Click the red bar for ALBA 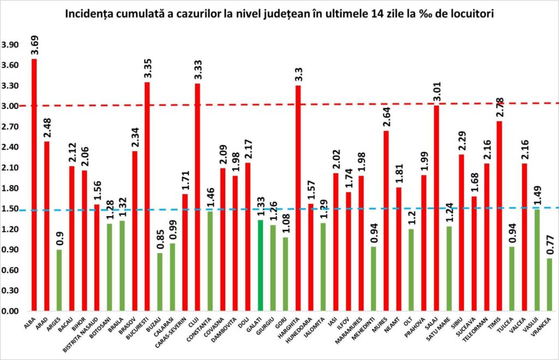tap(34, 185)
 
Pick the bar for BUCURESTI tap(147, 196)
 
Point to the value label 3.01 tap(436, 92)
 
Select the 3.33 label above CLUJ tap(197, 70)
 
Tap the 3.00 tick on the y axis tap(11, 106)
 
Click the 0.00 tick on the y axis tap(11, 311)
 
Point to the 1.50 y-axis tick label tap(11, 209)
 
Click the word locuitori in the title tap(472, 14)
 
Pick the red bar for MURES tap(386, 221)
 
